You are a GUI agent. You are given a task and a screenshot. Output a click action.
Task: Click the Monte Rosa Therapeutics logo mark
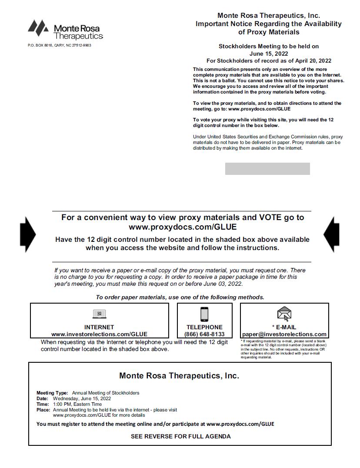pos(38,27)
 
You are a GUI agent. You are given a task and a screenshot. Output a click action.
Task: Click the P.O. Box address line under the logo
pos(60,45)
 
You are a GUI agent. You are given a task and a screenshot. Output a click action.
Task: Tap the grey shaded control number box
pos(267,169)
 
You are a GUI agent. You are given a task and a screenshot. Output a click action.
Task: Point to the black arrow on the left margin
pos(28,234)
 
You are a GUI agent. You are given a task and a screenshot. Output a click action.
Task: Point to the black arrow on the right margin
pos(331,234)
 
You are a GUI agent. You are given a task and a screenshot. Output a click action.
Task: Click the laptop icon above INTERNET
pos(100,314)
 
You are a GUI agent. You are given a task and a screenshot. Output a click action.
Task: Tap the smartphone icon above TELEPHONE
pos(204,314)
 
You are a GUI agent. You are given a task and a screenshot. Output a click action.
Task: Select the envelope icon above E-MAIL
pos(284,314)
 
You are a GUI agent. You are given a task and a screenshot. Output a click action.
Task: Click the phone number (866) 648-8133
pos(204,334)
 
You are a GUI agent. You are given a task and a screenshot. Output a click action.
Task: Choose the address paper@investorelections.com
pos(284,334)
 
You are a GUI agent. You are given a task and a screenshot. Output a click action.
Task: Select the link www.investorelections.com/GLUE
pos(99,334)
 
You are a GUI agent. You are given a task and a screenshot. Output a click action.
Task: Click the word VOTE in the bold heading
pos(270,217)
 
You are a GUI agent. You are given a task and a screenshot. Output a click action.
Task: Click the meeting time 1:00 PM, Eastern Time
pos(77,404)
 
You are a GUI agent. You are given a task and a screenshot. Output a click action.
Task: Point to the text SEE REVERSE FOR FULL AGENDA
pos(181,436)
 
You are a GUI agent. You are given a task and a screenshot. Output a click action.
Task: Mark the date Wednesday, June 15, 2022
pos(82,398)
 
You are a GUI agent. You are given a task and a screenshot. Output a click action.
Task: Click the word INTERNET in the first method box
pos(99,327)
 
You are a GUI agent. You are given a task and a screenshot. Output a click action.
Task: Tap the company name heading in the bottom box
pos(179,376)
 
